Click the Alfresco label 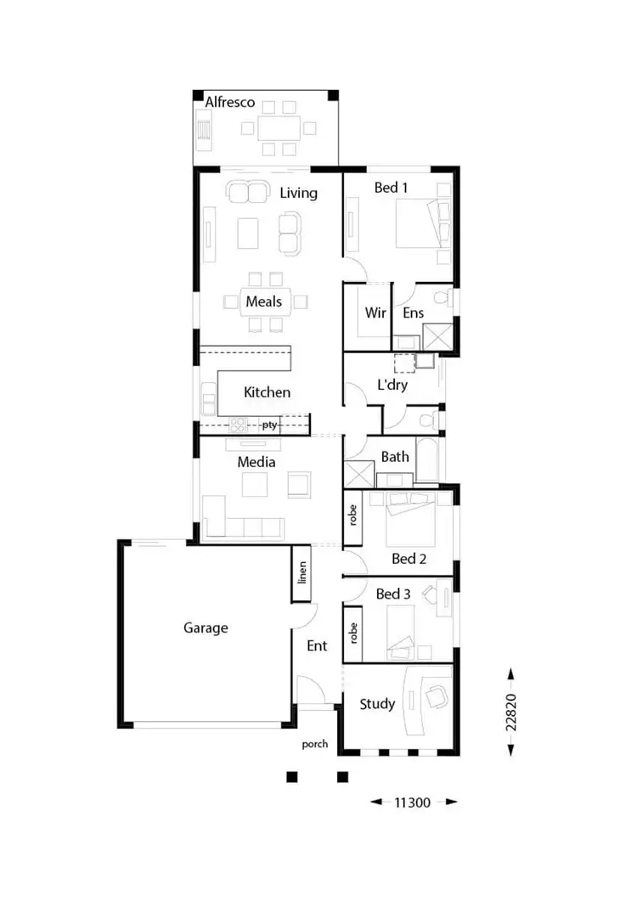click(x=230, y=103)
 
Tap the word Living click(x=298, y=194)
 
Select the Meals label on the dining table click(x=264, y=301)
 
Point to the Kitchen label click(x=267, y=392)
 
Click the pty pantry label click(x=270, y=425)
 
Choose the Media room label click(x=256, y=463)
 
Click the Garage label click(x=206, y=628)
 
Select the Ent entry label click(x=317, y=646)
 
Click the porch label click(x=315, y=745)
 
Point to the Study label click(x=377, y=704)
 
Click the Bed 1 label click(x=391, y=188)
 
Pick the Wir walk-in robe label click(x=375, y=313)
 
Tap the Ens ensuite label click(x=413, y=313)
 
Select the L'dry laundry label click(x=392, y=386)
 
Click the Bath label click(x=395, y=457)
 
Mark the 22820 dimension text click(x=510, y=712)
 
